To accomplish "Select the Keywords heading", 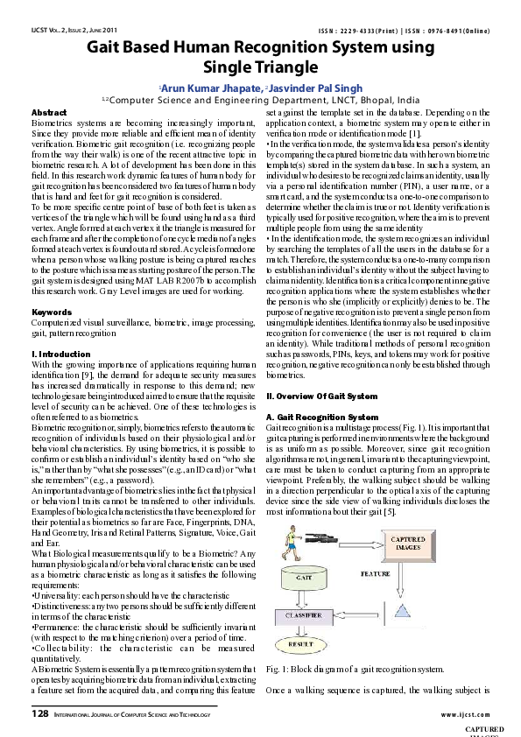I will click(x=52, y=312).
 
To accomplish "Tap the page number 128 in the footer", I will click(x=39, y=714).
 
